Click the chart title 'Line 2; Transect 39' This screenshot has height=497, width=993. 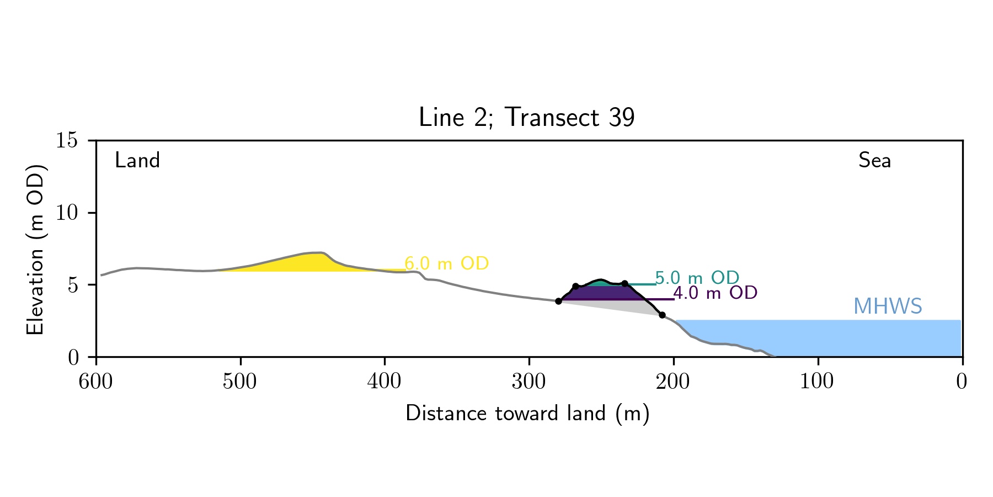526,118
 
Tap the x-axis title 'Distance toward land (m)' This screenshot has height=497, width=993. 527,414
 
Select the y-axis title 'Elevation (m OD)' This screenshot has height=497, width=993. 35,250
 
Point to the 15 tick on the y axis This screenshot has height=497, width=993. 67,141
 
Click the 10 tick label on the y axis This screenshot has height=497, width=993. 67,213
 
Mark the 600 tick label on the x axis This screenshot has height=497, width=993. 96,382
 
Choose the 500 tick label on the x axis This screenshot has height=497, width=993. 240,382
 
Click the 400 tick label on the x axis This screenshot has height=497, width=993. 385,382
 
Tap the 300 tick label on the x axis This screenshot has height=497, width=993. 529,382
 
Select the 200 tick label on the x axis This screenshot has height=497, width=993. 673,382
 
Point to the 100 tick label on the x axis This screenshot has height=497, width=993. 818,382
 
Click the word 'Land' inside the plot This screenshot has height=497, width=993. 137,161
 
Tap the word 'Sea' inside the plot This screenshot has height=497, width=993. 874,161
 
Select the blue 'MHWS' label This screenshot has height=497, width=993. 888,306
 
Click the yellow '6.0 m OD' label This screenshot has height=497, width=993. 447,264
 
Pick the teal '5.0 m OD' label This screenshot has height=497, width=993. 697,278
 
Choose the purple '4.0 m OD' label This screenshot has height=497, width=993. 715,293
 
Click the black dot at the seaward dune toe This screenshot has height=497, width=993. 662,315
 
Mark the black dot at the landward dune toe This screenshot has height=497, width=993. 558,301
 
